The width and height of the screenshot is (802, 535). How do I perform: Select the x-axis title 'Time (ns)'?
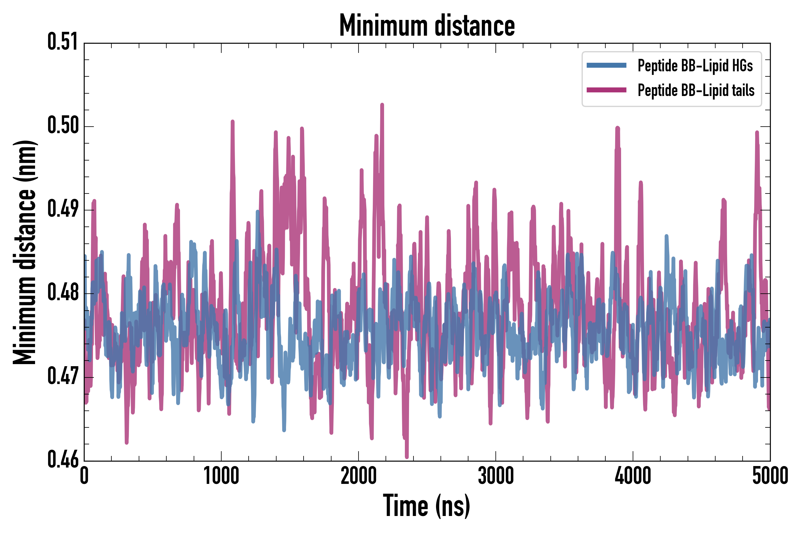click(x=427, y=506)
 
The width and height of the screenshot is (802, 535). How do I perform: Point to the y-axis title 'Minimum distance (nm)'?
click(x=25, y=252)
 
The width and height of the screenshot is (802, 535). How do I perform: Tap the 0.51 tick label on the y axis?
click(x=63, y=42)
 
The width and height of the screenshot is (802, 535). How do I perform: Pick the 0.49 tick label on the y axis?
click(x=63, y=209)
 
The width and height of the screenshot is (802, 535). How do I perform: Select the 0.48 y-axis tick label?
click(x=63, y=292)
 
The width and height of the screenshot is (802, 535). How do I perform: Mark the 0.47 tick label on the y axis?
click(x=63, y=376)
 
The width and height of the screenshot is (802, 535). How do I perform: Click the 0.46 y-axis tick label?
click(x=63, y=460)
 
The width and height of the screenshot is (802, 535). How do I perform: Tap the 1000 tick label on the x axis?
click(x=221, y=476)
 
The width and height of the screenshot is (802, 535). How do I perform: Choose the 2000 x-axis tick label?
click(x=359, y=476)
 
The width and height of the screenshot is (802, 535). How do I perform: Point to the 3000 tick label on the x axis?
click(x=495, y=476)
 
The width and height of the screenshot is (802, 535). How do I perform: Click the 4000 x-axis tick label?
click(x=633, y=476)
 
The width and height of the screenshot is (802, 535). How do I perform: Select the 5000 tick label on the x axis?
click(x=770, y=476)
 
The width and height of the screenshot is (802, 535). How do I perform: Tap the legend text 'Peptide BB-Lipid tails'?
click(x=696, y=90)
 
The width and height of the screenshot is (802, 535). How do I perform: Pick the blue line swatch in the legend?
click(x=606, y=65)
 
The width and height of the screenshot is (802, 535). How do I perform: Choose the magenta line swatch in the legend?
click(x=606, y=90)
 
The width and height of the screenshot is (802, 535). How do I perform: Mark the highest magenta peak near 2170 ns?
click(x=382, y=104)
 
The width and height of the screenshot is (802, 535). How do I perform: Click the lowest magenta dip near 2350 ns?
click(x=406, y=457)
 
